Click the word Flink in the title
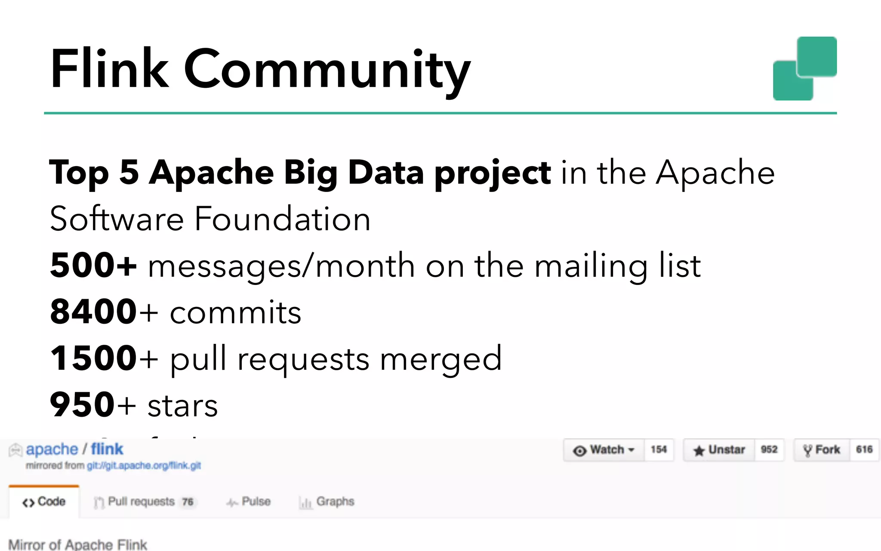[x=110, y=69]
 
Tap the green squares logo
[x=804, y=69]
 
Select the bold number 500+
[x=93, y=265]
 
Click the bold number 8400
[x=93, y=312]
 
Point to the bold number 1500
[x=93, y=358]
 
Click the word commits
[x=235, y=313]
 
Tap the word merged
[x=440, y=359]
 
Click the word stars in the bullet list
[x=182, y=406]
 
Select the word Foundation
[x=282, y=219]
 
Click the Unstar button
[x=719, y=450]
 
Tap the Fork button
[x=822, y=450]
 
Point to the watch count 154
[x=659, y=450]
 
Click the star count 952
[x=769, y=450]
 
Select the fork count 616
[x=864, y=450]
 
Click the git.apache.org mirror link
[x=144, y=466]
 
